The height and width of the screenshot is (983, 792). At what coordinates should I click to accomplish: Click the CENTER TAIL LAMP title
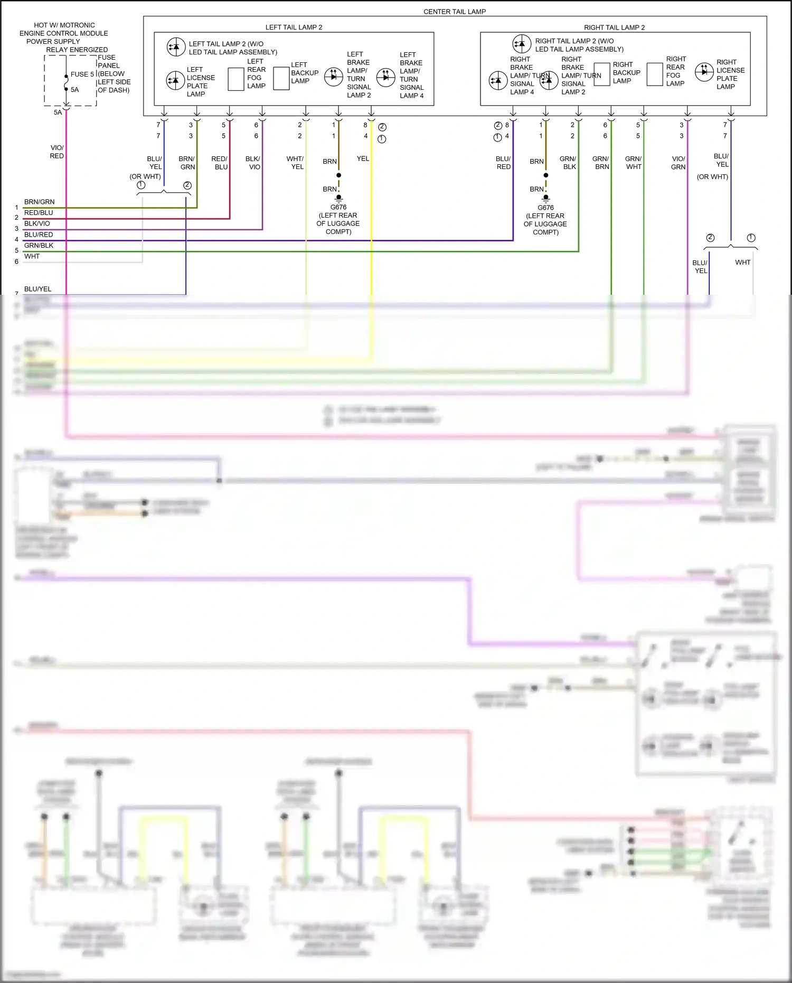pyautogui.click(x=454, y=12)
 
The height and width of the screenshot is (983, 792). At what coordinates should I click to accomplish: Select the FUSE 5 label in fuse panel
pyautogui.click(x=82, y=74)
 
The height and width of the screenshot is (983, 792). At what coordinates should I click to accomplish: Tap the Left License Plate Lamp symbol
pyautogui.click(x=175, y=81)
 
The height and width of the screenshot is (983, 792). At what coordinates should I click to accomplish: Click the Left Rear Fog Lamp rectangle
pyautogui.click(x=235, y=79)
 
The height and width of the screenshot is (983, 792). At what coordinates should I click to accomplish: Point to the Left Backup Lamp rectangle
pyautogui.click(x=281, y=79)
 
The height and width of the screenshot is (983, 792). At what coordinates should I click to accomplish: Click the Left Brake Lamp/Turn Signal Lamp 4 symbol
pyautogui.click(x=385, y=77)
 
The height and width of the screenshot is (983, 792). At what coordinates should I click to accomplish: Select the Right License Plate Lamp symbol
pyautogui.click(x=704, y=72)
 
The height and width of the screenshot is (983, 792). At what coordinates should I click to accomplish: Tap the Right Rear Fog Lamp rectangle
pyautogui.click(x=655, y=74)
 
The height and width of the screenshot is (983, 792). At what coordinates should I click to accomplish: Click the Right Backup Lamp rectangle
pyautogui.click(x=602, y=74)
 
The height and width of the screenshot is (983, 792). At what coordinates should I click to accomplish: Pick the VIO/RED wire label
pyautogui.click(x=57, y=152)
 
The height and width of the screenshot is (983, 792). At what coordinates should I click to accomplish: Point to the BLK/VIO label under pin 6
pyautogui.click(x=253, y=163)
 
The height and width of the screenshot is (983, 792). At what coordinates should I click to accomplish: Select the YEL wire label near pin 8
pyautogui.click(x=363, y=158)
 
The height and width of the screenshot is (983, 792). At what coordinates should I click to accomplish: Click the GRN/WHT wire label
pyautogui.click(x=633, y=163)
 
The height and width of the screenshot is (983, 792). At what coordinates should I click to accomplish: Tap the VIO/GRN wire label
pyautogui.click(x=678, y=163)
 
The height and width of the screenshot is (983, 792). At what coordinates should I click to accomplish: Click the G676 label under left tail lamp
pyautogui.click(x=338, y=207)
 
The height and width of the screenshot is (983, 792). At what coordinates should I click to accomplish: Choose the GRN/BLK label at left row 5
pyautogui.click(x=39, y=246)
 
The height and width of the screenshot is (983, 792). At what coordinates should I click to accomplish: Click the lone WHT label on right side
pyautogui.click(x=742, y=263)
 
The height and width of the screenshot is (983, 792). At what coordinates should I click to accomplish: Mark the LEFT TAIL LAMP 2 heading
pyautogui.click(x=294, y=27)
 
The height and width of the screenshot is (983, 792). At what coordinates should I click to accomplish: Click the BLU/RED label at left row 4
pyautogui.click(x=39, y=235)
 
